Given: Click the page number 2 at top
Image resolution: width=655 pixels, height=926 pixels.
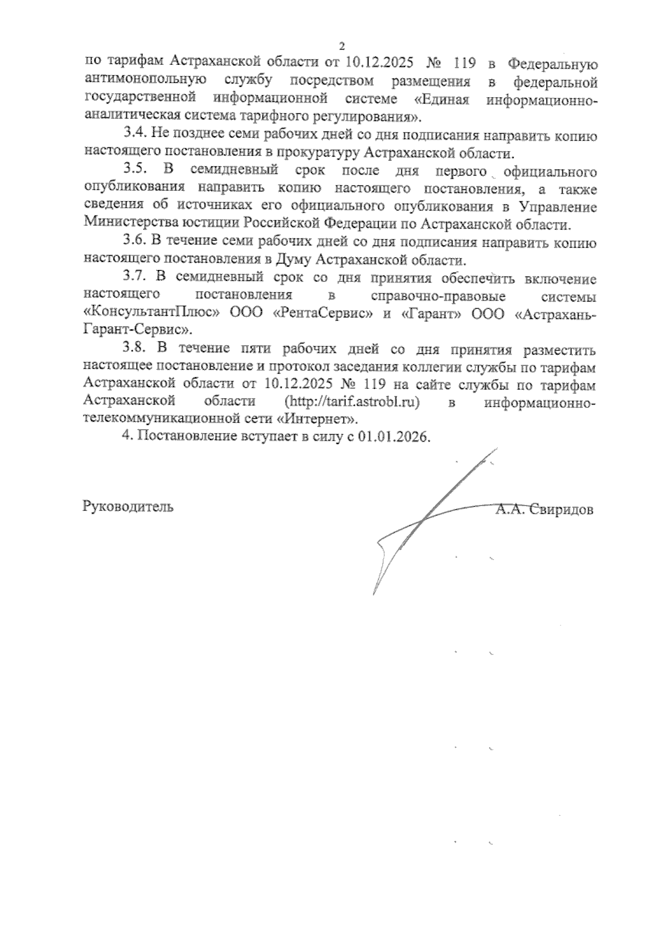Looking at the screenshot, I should point(342,46).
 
